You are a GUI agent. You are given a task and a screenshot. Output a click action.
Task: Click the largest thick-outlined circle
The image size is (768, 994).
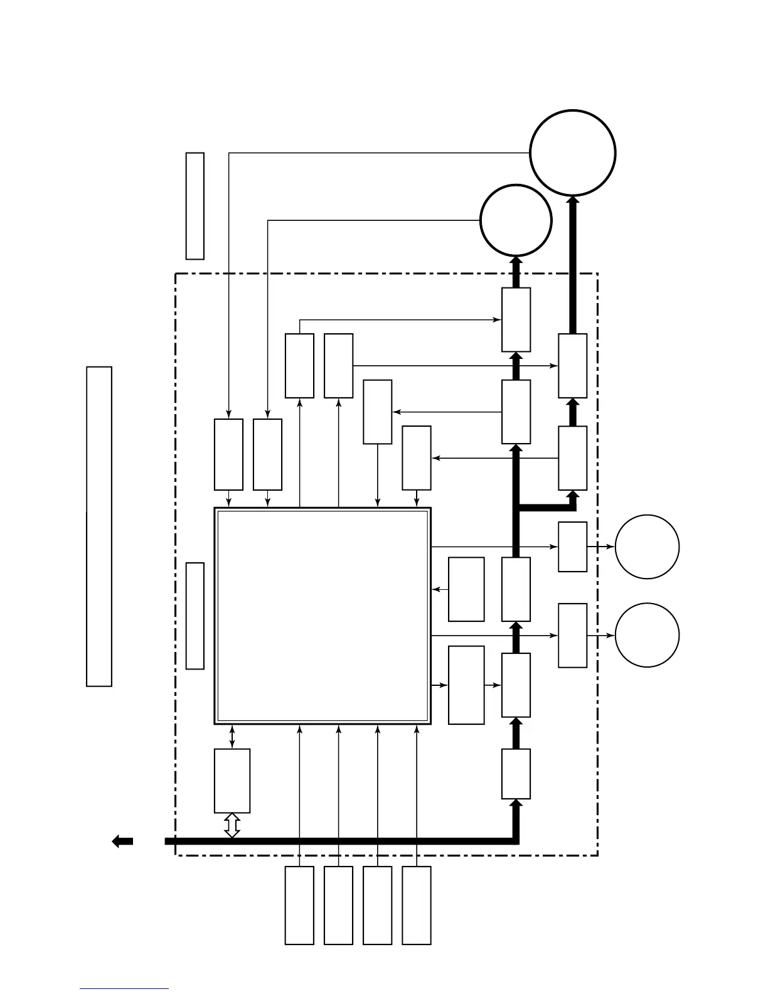click(572, 153)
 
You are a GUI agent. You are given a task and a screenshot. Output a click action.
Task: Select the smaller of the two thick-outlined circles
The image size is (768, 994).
click(516, 220)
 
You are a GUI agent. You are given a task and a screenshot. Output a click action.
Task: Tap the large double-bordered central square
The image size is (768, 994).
click(323, 616)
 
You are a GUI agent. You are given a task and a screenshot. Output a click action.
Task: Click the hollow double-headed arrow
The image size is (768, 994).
click(232, 825)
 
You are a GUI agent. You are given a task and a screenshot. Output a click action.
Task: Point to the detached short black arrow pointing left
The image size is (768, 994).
click(122, 842)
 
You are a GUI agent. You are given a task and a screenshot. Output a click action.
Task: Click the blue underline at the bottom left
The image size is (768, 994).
click(124, 989)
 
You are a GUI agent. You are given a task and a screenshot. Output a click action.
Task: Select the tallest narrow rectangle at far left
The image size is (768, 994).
click(99, 526)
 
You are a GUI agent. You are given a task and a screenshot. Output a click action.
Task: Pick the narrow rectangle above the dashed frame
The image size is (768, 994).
click(195, 205)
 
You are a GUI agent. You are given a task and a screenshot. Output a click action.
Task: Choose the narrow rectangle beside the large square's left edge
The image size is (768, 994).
click(195, 616)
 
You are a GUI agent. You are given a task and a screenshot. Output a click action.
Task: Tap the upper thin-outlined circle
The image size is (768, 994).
click(647, 547)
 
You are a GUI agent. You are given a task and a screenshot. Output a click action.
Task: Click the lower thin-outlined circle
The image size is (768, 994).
click(647, 635)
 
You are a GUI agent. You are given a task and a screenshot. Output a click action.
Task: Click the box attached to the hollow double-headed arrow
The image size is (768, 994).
click(232, 780)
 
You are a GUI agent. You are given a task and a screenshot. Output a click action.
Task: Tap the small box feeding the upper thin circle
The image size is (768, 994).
click(572, 547)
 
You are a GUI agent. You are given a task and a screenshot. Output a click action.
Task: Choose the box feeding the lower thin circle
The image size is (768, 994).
click(572, 635)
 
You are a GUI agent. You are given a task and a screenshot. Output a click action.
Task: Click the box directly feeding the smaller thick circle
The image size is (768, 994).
click(516, 319)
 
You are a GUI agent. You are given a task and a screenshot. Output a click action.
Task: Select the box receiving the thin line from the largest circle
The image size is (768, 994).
click(228, 454)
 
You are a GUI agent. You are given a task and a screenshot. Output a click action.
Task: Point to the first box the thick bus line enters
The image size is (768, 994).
click(516, 773)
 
